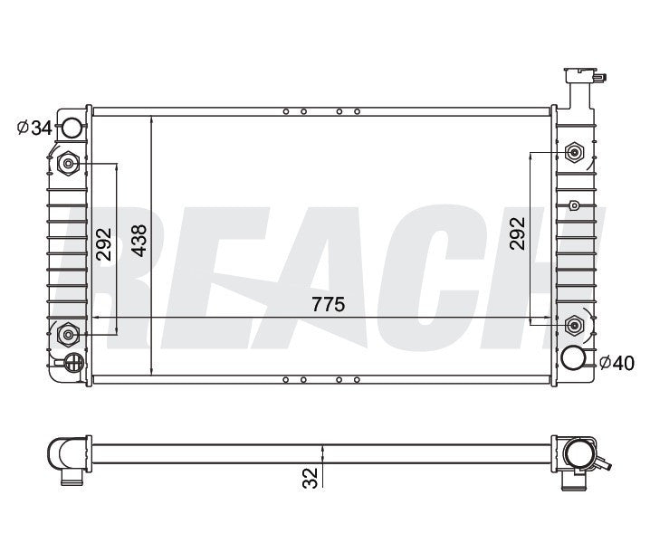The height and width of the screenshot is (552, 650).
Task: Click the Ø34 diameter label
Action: [35, 128]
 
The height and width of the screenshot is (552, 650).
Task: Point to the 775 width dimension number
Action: [328, 305]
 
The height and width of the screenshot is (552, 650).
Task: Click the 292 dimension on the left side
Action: [105, 242]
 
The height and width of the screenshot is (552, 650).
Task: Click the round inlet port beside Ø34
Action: [71, 128]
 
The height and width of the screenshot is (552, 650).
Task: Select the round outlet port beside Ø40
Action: [575, 357]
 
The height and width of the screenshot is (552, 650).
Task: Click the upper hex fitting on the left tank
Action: [69, 164]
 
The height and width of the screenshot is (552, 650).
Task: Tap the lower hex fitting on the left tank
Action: [69, 335]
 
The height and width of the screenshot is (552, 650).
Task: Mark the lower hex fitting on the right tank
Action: [573, 324]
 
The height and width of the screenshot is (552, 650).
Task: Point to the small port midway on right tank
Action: [573, 206]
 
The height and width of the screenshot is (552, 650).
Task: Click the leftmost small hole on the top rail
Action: [286, 112]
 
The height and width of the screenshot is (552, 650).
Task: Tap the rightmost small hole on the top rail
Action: [358, 112]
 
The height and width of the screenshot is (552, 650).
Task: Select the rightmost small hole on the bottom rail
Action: [358, 379]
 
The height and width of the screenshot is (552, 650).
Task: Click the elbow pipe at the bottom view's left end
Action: [66, 458]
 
